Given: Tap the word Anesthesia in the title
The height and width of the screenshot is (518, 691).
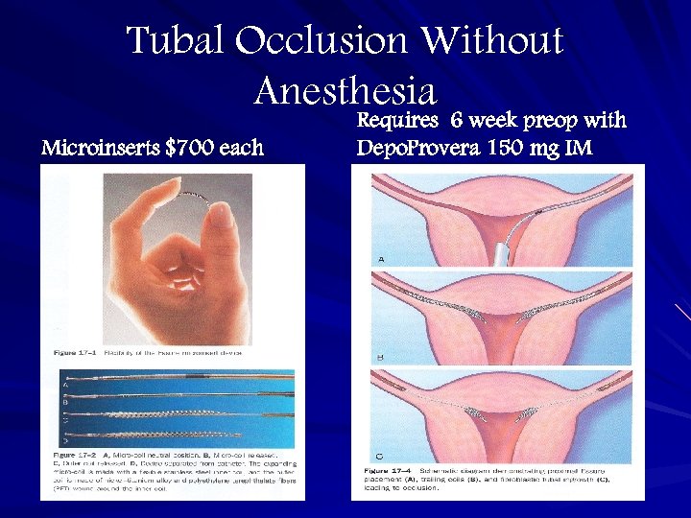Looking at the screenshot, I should [x=345, y=91].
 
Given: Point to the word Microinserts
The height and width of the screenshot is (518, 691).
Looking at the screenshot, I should [x=101, y=149].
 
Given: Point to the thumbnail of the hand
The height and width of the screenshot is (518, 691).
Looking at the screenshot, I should [x=221, y=213].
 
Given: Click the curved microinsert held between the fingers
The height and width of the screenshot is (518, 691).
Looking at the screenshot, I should [x=179, y=191].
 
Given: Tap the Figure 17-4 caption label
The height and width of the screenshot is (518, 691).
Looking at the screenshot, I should [x=387, y=471].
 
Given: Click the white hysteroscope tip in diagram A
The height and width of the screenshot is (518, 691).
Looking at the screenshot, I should [x=502, y=251].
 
